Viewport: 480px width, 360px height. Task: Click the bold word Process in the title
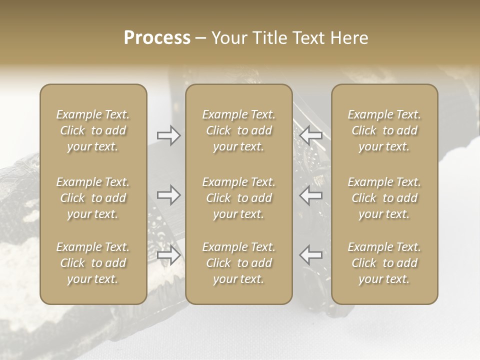(x=157, y=38)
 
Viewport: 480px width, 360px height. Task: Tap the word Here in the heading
(x=349, y=38)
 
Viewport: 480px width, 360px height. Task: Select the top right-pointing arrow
(x=168, y=135)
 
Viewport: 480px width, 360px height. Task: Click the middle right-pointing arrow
(x=168, y=195)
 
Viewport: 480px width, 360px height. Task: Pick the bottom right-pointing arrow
(x=168, y=255)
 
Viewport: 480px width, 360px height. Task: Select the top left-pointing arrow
(x=311, y=134)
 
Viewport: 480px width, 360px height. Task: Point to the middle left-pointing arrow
(x=311, y=195)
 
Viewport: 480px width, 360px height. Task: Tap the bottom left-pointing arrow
(x=311, y=254)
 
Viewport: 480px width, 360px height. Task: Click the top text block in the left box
(x=93, y=130)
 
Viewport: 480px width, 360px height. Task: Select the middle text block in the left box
(x=93, y=198)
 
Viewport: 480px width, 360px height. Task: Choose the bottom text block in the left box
(x=93, y=263)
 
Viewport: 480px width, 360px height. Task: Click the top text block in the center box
(x=239, y=130)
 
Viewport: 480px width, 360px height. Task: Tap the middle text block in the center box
(x=239, y=198)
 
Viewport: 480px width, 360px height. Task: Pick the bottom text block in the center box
(x=239, y=263)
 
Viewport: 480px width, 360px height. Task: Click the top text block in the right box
(x=384, y=130)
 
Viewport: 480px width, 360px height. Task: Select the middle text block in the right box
(x=384, y=198)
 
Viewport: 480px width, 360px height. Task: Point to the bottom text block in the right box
(x=384, y=263)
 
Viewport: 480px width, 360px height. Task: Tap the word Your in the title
(x=228, y=38)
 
